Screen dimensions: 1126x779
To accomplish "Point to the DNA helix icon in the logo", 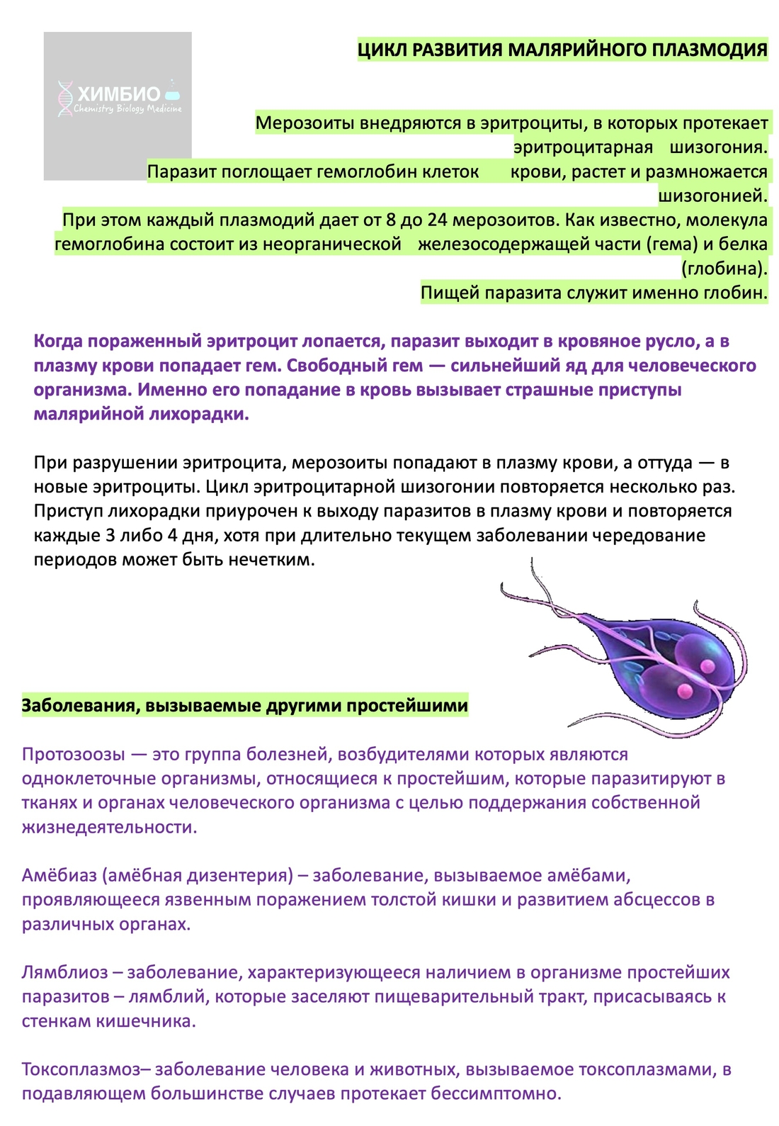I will (65, 98).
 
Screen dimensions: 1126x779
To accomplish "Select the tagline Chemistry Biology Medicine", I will (127, 109).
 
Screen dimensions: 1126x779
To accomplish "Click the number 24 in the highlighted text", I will (438, 220).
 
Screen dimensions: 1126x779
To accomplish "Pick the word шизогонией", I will (712, 196).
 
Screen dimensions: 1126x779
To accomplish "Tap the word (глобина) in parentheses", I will (724, 269).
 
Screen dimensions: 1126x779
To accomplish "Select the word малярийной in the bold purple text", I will (88, 414).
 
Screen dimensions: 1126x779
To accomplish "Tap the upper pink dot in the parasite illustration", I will (706, 665).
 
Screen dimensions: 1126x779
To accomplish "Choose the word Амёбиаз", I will (59, 875).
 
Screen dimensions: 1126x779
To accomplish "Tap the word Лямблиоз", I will (64, 972).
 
